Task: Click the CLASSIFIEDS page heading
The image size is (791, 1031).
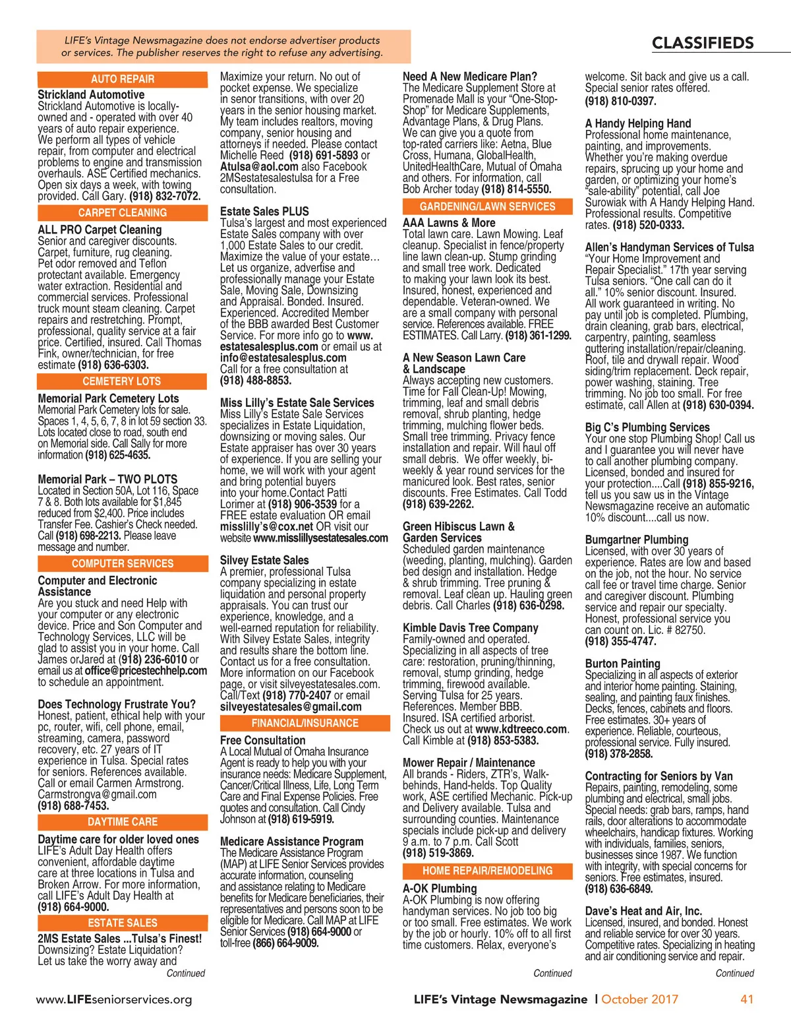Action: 703,44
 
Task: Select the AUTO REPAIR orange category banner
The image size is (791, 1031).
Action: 123,79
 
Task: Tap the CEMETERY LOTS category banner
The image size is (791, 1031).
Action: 122,381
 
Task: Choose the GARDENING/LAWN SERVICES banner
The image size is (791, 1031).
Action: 487,206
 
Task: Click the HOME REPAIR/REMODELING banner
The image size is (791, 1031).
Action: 487,871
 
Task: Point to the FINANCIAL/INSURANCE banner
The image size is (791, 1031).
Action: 305,723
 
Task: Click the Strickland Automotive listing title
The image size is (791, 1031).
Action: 91,95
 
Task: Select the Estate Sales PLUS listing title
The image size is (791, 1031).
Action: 264,212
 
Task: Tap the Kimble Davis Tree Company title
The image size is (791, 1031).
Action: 471,628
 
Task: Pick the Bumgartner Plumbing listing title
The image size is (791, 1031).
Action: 637,540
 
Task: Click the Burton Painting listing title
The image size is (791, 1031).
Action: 622,664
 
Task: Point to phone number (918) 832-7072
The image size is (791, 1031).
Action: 165,196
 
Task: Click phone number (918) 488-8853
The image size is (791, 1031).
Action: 256,381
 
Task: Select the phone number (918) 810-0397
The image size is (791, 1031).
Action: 620,102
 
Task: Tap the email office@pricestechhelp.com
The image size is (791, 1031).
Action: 146,671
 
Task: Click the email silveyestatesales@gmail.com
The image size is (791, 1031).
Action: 291,707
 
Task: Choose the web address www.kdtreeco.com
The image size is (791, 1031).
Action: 521,730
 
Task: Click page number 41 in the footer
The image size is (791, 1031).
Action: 747,999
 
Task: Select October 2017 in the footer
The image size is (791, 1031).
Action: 639,999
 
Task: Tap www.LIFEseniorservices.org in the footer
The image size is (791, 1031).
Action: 114,999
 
